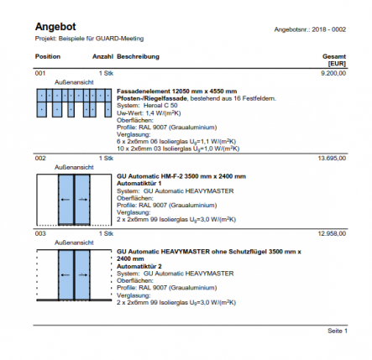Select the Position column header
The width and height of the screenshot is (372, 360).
[48, 56]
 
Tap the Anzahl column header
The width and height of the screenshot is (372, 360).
[102, 56]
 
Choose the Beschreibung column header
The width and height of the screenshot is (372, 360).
[138, 56]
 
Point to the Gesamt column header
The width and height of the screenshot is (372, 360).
[334, 56]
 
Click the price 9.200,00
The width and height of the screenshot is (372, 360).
[333, 74]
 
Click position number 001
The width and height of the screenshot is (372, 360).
[40, 74]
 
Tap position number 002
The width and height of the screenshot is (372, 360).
[40, 158]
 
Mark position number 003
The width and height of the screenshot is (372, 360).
[40, 234]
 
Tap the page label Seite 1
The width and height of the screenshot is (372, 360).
[337, 331]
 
